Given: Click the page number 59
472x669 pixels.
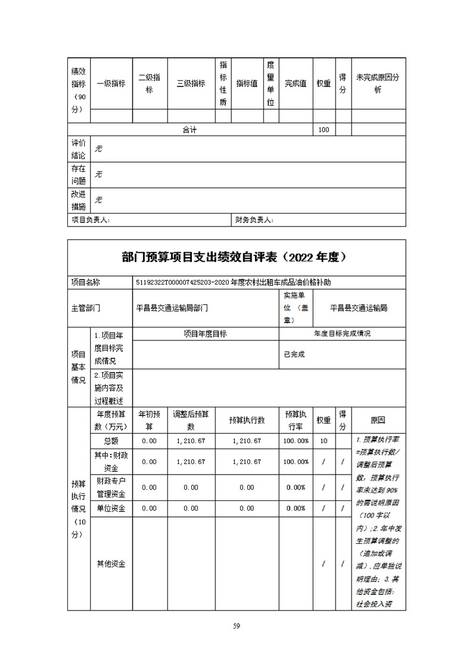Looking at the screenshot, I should [236, 625].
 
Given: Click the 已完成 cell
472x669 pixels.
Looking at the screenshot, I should [294, 354].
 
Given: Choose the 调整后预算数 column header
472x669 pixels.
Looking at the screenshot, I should [191, 421].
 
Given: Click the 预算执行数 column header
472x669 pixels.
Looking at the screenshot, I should [247, 421].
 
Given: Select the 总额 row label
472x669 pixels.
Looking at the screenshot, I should [111, 441].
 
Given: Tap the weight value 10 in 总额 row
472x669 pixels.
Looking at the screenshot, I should [324, 441].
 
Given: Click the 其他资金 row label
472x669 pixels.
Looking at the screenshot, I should [111, 563].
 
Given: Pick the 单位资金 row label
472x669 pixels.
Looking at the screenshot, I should [111, 509].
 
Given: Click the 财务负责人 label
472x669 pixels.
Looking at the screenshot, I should [254, 220].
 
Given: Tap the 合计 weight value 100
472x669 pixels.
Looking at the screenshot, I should [324, 130].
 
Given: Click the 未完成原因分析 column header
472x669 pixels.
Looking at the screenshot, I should [378, 83].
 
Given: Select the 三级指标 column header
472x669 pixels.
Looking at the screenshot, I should [191, 83].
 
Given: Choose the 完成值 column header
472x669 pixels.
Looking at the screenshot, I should [295, 83].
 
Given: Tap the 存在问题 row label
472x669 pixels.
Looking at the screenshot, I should [79, 175].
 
